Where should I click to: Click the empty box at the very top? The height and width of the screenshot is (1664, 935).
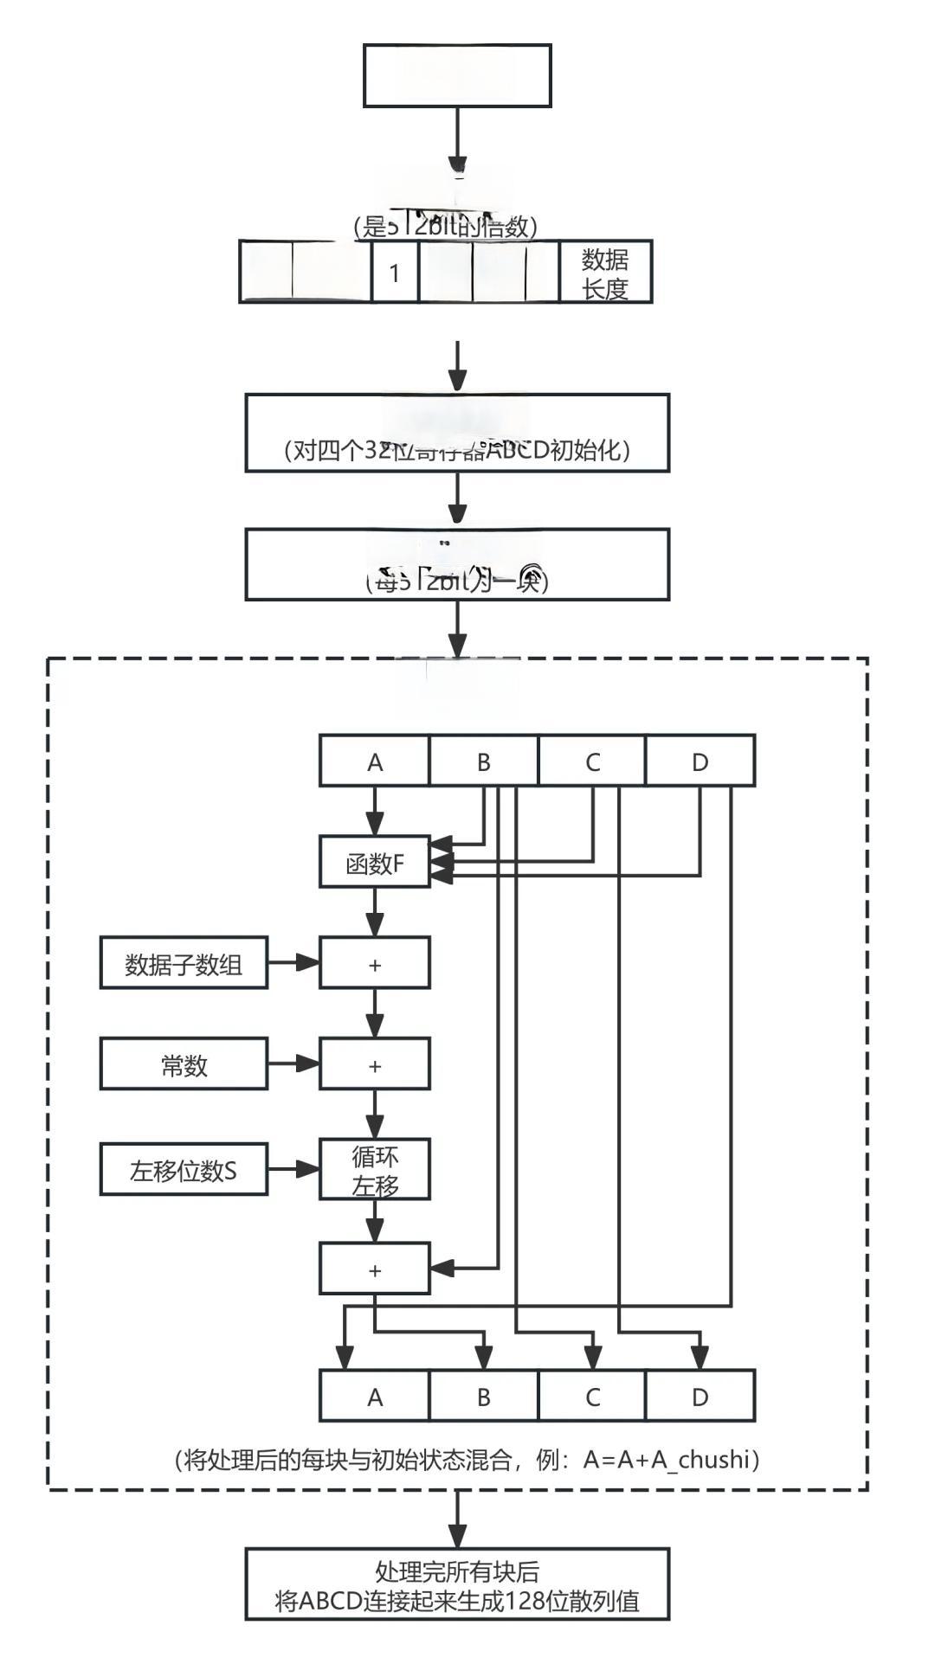(x=457, y=76)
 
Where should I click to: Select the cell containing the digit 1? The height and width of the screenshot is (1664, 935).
(x=395, y=273)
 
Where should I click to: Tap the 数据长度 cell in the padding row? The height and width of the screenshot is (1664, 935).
(x=604, y=273)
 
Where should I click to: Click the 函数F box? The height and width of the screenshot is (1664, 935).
(x=375, y=862)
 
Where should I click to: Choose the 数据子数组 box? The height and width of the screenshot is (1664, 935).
(x=184, y=963)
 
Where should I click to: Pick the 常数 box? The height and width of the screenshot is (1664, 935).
(x=184, y=1064)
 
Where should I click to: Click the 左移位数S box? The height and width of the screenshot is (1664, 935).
(x=184, y=1170)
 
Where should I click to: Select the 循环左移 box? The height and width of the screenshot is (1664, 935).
(x=375, y=1170)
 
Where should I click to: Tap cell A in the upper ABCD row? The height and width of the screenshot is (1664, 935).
(x=375, y=761)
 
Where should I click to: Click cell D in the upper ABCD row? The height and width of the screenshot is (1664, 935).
(x=700, y=761)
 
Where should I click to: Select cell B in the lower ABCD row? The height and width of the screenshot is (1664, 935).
(x=483, y=1397)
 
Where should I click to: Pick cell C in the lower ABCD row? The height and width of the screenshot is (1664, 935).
(x=592, y=1397)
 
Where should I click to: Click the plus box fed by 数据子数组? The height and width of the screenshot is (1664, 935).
(x=375, y=963)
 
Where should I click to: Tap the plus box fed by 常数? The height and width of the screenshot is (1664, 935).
(x=375, y=1064)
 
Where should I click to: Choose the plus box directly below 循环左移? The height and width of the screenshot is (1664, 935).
(x=375, y=1269)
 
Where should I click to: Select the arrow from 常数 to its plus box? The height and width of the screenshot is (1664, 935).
(x=293, y=1063)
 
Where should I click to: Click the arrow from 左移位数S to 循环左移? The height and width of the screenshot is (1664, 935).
(x=293, y=1169)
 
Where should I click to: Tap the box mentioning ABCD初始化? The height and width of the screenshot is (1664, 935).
(x=457, y=434)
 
